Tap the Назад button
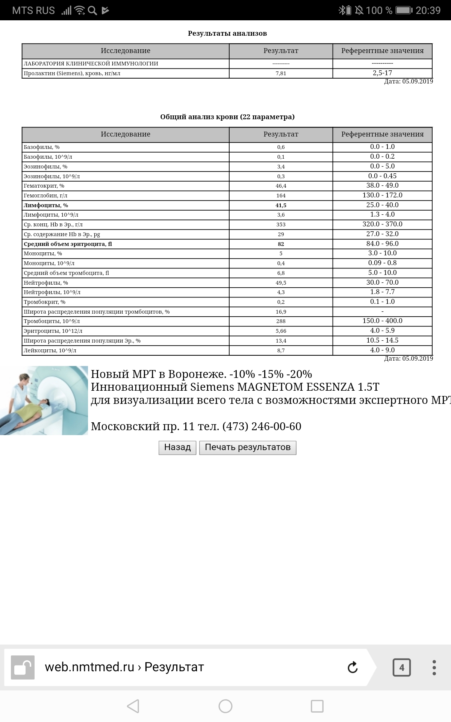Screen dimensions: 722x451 [x=177, y=447]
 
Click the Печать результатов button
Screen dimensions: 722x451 [x=248, y=447]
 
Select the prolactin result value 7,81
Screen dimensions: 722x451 [x=281, y=73]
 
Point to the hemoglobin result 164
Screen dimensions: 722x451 [x=281, y=196]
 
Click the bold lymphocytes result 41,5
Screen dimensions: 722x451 [x=281, y=205]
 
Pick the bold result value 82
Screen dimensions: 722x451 [x=281, y=244]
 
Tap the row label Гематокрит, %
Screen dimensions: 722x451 [x=44, y=186]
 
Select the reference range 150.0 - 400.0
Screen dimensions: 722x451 [x=382, y=321]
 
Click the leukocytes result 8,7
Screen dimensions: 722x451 [x=281, y=350]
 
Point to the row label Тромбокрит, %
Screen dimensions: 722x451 [x=44, y=302]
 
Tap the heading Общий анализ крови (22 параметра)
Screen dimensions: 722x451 [x=227, y=117]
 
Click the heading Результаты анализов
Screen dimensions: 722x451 [x=227, y=33]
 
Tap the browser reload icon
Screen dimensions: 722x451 [x=353, y=667]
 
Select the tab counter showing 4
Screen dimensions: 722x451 [x=401, y=667]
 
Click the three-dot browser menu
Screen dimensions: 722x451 [x=434, y=667]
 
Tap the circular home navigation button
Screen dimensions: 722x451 [x=225, y=706]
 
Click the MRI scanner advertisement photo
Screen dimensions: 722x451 [x=44, y=400]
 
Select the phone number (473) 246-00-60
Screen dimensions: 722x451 [x=262, y=426]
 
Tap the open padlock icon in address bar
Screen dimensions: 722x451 [x=23, y=667]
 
